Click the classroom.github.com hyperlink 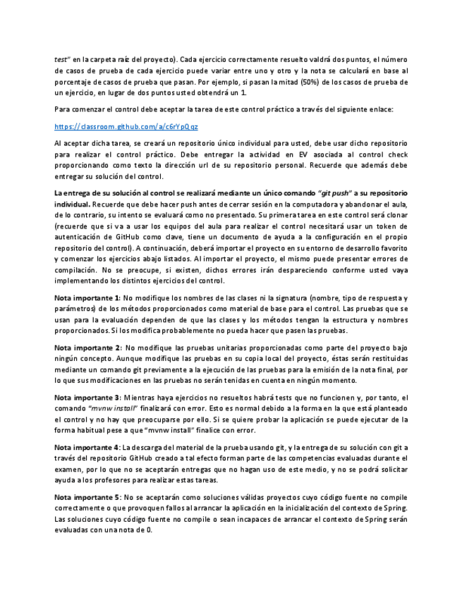pos(126,126)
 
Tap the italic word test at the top pos(61,59)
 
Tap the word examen pos(68,470)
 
